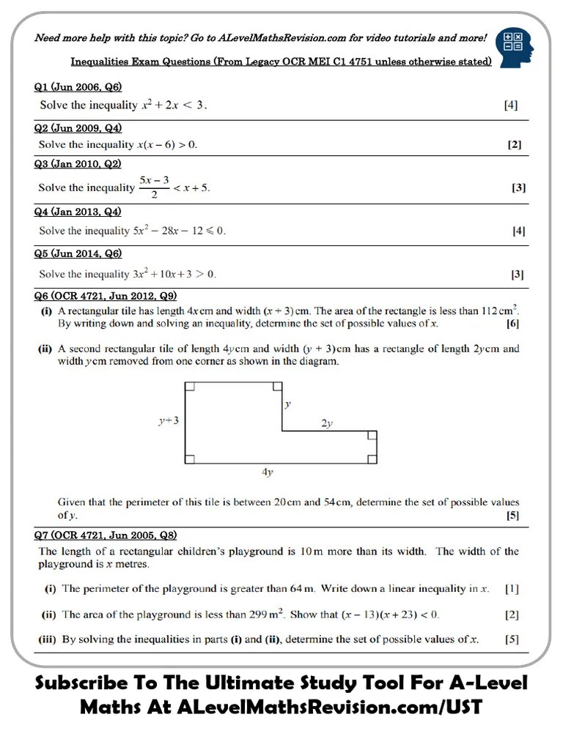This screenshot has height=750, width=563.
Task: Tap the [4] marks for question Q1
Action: [x=510, y=105]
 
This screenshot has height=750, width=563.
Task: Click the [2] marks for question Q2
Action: [x=515, y=144]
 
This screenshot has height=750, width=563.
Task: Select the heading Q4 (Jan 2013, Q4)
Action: [x=78, y=212]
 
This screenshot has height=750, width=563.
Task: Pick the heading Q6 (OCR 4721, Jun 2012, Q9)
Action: [x=105, y=296]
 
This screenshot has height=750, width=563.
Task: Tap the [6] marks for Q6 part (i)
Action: [x=513, y=323]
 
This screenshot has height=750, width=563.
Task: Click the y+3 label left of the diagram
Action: [x=169, y=421]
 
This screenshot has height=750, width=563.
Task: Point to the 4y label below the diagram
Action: [x=268, y=472]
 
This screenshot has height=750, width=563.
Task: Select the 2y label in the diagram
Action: [x=327, y=423]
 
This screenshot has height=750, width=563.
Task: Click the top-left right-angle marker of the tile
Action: [x=190, y=387]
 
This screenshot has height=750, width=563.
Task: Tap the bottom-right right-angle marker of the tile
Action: [x=372, y=458]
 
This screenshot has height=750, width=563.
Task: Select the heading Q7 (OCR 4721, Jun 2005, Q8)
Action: [x=105, y=535]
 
